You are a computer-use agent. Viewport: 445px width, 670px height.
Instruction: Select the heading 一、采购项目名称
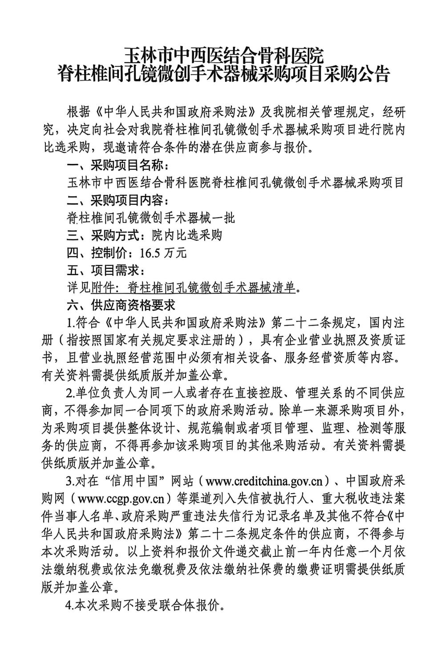click(x=117, y=166)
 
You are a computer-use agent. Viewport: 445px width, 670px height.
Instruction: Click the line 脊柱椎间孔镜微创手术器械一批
click(x=151, y=218)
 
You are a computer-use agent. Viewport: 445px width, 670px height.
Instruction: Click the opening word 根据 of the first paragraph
click(x=77, y=110)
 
